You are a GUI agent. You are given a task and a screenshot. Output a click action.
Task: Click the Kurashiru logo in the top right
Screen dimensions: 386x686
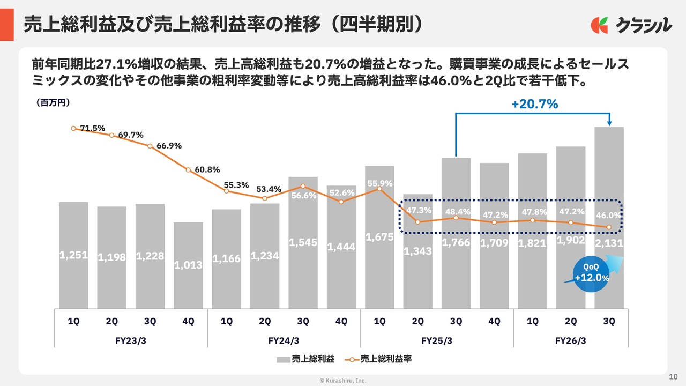click(x=631, y=25)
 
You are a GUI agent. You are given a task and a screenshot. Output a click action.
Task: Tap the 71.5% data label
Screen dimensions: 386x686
click(x=92, y=128)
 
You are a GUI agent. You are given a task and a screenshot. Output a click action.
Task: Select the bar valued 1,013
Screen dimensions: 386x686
click(x=188, y=265)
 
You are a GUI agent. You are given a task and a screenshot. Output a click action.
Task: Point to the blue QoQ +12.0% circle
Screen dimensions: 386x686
click(x=591, y=274)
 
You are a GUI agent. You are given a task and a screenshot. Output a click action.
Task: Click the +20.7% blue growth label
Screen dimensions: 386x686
click(x=534, y=105)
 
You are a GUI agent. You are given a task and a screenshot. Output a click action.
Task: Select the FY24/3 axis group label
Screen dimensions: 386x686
click(x=284, y=340)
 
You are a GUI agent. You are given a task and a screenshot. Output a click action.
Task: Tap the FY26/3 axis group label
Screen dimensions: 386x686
click(x=570, y=340)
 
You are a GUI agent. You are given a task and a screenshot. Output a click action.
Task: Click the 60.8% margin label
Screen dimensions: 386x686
click(x=207, y=169)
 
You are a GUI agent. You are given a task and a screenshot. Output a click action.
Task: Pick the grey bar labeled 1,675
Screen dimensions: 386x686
click(x=379, y=236)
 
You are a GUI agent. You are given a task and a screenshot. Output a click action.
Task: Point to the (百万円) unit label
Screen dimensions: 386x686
click(x=54, y=102)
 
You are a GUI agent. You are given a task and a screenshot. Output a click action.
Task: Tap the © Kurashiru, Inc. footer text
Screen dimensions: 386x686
click(x=343, y=380)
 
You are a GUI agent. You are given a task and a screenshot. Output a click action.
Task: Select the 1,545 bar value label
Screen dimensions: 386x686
click(x=303, y=243)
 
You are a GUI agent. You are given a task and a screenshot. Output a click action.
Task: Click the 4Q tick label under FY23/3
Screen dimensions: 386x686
click(x=188, y=321)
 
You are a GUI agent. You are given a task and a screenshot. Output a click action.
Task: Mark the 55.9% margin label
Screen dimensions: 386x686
click(x=379, y=183)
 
